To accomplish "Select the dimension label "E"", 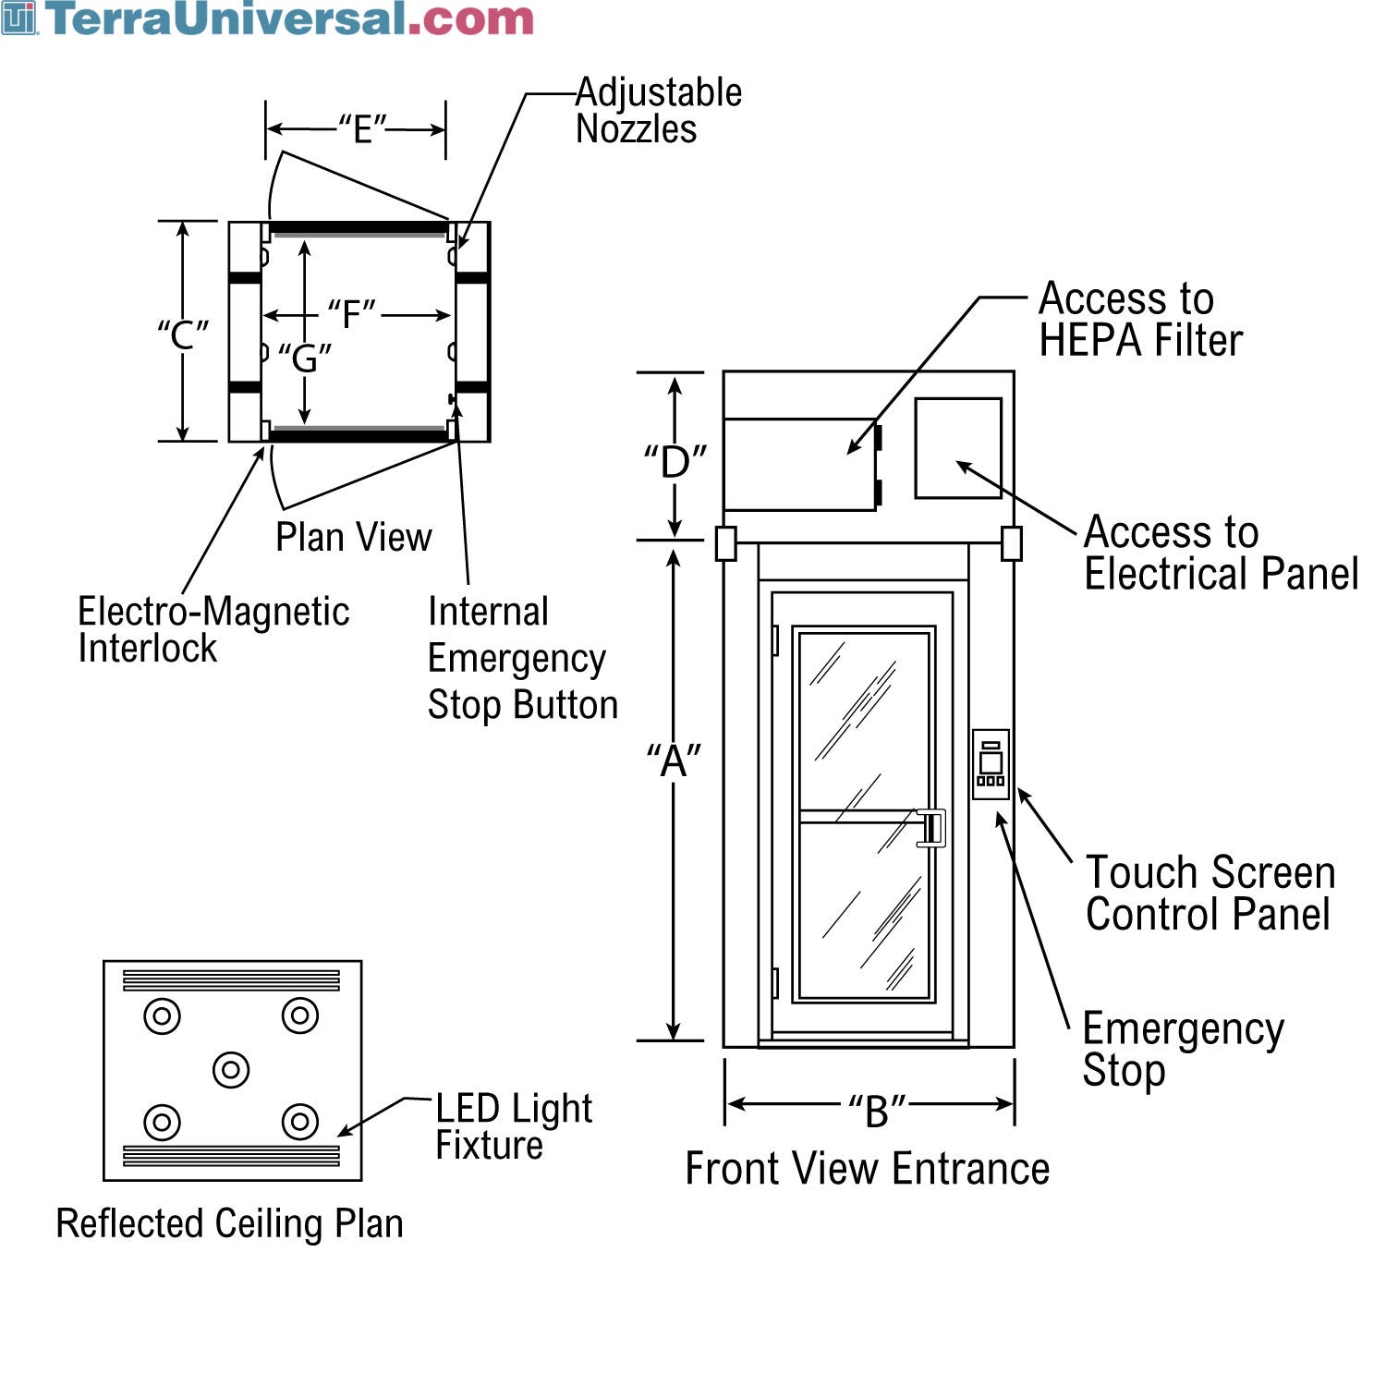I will [x=361, y=129].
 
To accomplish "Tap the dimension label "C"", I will [x=183, y=334].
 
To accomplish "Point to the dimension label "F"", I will [x=351, y=314].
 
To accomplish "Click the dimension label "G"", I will [x=305, y=358].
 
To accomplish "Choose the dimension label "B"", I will [x=875, y=1110].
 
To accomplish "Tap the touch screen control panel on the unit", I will [x=991, y=764].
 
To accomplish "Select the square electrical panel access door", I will [x=958, y=448].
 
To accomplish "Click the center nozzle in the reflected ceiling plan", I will [x=231, y=1070].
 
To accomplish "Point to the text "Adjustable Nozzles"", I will [x=658, y=111].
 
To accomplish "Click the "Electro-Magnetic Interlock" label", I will [x=213, y=629].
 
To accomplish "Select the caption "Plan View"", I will [x=353, y=537].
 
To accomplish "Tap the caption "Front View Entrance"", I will [x=867, y=1168].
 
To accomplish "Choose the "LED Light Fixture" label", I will [x=513, y=1125].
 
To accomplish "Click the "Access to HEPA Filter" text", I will [x=1139, y=319].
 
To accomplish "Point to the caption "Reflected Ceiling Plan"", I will [x=229, y=1223].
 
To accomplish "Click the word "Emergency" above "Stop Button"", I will [x=517, y=659].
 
